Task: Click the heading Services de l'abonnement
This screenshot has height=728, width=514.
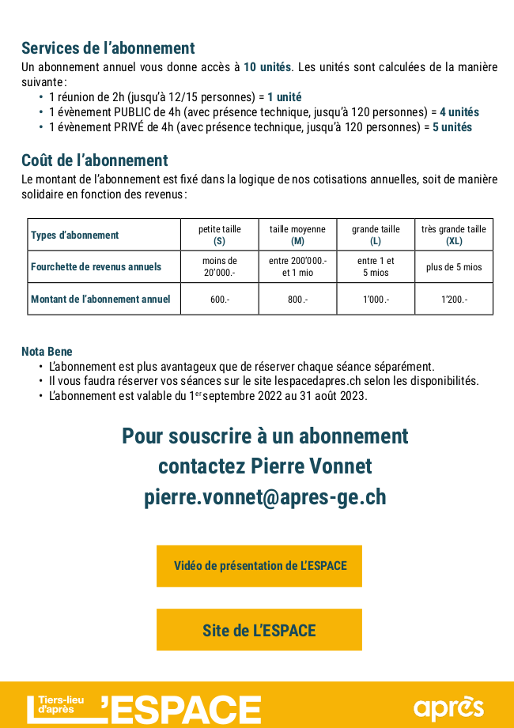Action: click(108, 48)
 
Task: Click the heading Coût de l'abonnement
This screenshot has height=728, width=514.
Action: click(94, 161)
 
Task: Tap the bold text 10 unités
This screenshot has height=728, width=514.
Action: click(267, 66)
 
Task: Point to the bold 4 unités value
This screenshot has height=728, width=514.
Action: click(459, 112)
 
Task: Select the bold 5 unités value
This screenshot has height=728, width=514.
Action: click(452, 126)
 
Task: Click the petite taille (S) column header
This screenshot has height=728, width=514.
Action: click(219, 235)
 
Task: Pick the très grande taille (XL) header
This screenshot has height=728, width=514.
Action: click(454, 235)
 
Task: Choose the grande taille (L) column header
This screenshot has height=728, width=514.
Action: click(376, 235)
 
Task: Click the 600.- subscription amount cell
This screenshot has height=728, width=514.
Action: click(219, 300)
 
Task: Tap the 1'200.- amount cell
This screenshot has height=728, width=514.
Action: click(454, 300)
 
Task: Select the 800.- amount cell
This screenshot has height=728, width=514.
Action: click(297, 300)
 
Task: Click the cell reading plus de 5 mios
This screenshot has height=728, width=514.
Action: click(454, 267)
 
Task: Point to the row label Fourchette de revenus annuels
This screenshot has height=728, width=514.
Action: click(96, 267)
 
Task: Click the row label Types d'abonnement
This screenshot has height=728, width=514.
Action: click(74, 235)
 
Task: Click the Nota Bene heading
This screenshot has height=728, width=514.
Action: click(47, 351)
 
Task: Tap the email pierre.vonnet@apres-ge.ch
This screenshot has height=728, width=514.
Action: click(265, 497)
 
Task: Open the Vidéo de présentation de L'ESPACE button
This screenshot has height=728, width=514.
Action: click(259, 566)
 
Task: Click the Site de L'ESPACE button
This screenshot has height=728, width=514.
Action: click(259, 630)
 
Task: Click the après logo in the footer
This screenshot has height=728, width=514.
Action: click(448, 706)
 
